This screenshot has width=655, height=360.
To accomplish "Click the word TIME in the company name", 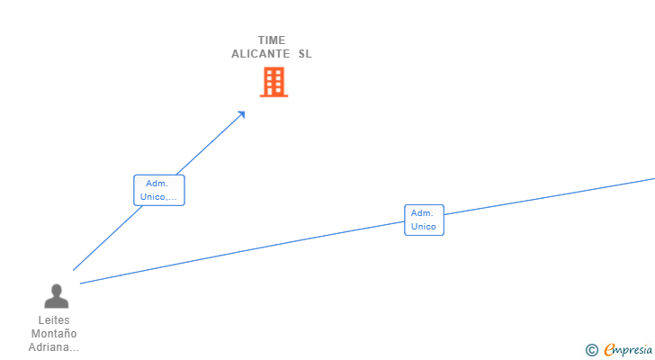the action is click(272, 40).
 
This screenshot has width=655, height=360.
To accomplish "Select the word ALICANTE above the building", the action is click(261, 54).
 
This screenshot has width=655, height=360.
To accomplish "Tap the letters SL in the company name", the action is click(305, 54).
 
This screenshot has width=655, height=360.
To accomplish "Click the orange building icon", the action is click(274, 82).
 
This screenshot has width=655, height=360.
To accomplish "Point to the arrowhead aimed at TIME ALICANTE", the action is click(241, 114).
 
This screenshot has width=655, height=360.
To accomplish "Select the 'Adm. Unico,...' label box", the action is click(159, 190).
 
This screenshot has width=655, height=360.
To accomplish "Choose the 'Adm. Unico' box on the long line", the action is click(424, 220).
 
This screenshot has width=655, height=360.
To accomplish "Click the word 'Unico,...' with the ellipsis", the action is click(158, 197).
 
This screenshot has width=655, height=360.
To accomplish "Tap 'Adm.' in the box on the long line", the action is click(422, 213).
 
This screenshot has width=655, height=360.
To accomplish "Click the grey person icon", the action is click(57, 296).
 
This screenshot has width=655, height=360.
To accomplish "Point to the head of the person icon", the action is click(57, 290).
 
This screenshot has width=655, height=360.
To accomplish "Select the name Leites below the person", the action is click(54, 320).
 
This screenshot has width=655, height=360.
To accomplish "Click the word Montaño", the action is click(54, 334).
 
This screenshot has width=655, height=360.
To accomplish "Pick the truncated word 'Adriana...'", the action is click(54, 347).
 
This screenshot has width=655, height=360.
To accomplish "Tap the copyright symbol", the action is click(592, 350).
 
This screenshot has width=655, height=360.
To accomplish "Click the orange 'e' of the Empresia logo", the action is click(610, 349).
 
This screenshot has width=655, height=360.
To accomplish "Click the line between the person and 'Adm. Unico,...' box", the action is click(107, 238).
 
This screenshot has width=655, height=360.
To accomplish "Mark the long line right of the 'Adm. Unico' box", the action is click(550, 196).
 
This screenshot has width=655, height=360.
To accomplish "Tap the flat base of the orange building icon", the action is click(274, 96).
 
